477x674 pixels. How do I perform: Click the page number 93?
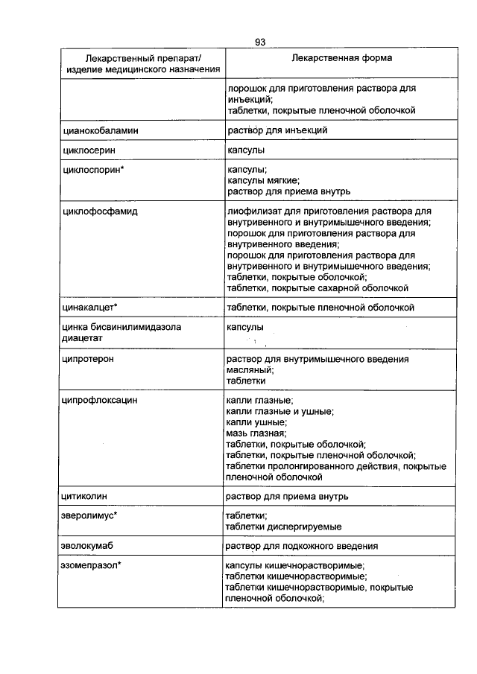tap(260, 42)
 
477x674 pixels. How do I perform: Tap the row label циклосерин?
tap(89, 150)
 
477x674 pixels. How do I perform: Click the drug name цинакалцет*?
tap(91, 307)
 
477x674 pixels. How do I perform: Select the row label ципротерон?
tap(88, 359)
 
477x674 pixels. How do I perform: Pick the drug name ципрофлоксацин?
tap(100, 400)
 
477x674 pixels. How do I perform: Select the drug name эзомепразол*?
tap(94, 566)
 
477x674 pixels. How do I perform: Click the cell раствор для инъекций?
tap(277, 130)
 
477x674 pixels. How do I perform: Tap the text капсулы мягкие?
tap(262, 181)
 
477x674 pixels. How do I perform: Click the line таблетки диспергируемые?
tap(283, 527)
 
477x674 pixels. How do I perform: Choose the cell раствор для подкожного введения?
tap(302, 546)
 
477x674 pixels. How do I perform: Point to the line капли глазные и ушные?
tap(279, 411)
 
